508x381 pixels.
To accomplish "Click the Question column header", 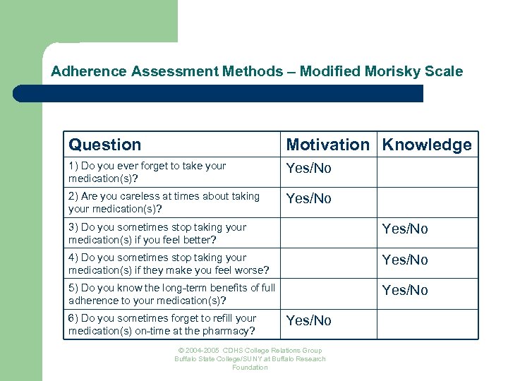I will click(105, 145).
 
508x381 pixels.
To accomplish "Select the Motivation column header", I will click(327, 145).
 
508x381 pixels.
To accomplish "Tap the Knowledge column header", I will click(427, 145).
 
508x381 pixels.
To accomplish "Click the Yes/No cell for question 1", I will click(308, 169).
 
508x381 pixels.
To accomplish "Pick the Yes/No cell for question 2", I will click(308, 199).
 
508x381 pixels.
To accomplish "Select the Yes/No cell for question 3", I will click(405, 229).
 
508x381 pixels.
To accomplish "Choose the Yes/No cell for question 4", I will click(405, 260).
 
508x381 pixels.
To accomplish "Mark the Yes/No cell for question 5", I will click(405, 290).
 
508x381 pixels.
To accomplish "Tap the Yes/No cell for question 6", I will click(308, 320).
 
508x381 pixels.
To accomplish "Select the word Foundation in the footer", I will click(250, 368).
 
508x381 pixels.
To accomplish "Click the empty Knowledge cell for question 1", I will click(428, 171).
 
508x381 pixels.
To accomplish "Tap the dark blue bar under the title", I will click(219, 93).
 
